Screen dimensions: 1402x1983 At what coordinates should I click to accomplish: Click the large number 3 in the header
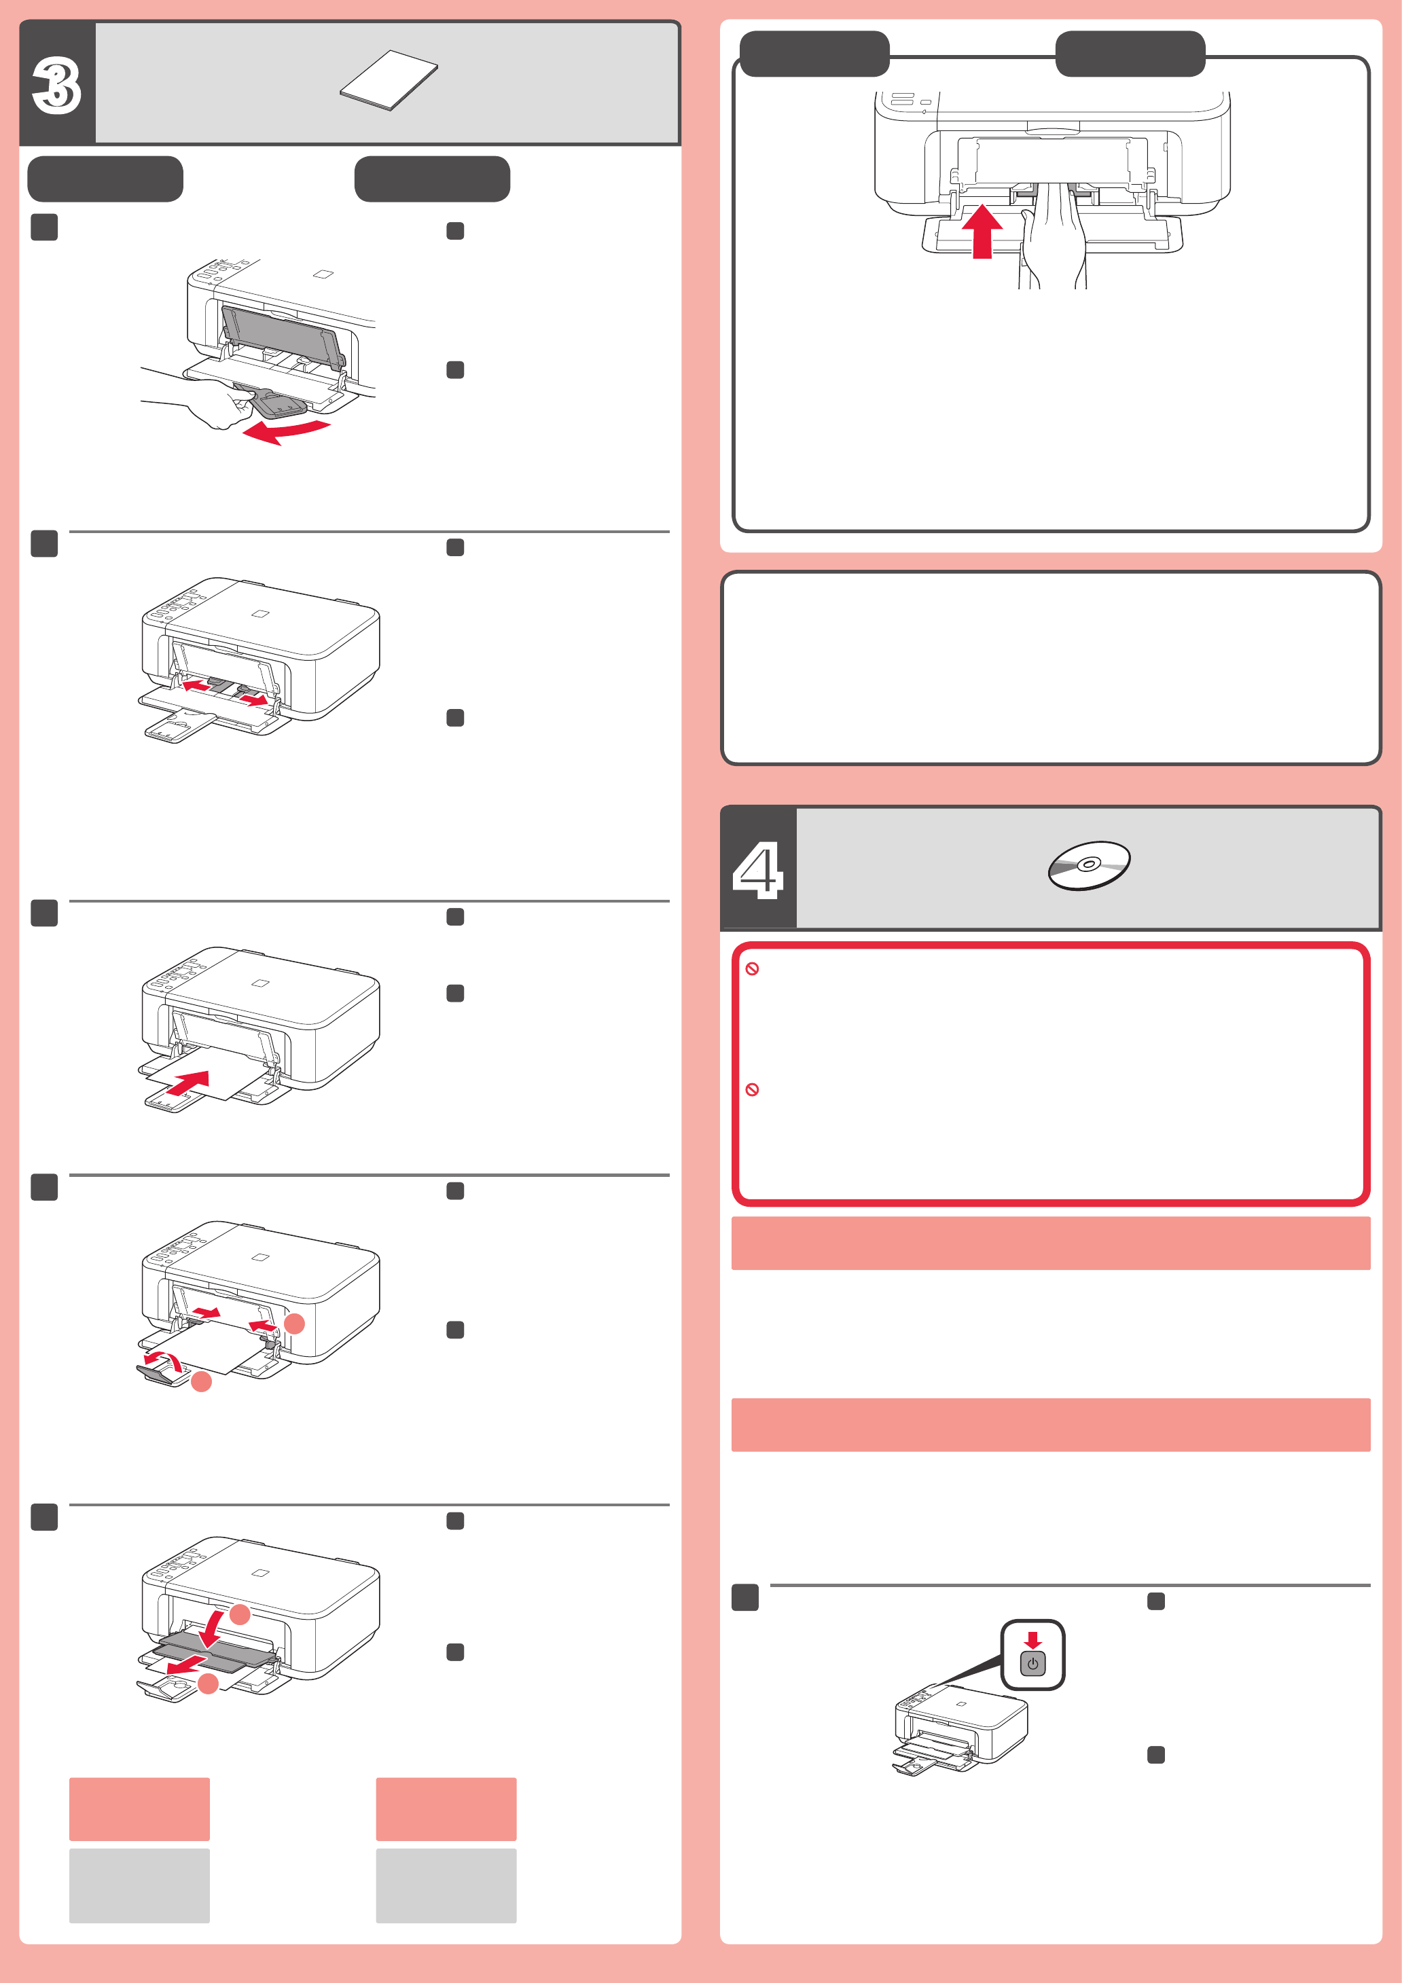click(x=56, y=86)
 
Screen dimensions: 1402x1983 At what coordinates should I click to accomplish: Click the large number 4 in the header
click(x=757, y=871)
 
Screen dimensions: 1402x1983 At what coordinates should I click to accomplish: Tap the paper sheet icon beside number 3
click(x=389, y=80)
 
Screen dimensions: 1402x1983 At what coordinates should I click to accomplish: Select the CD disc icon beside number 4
click(x=1090, y=865)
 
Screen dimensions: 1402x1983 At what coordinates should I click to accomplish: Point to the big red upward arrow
click(x=982, y=231)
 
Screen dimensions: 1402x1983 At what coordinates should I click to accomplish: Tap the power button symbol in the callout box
click(x=1033, y=1663)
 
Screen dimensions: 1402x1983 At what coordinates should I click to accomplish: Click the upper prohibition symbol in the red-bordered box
click(x=753, y=969)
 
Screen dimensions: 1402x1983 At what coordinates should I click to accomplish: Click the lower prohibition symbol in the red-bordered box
click(x=753, y=1090)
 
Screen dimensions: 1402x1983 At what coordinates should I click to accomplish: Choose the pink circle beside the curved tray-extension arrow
click(x=201, y=1382)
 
